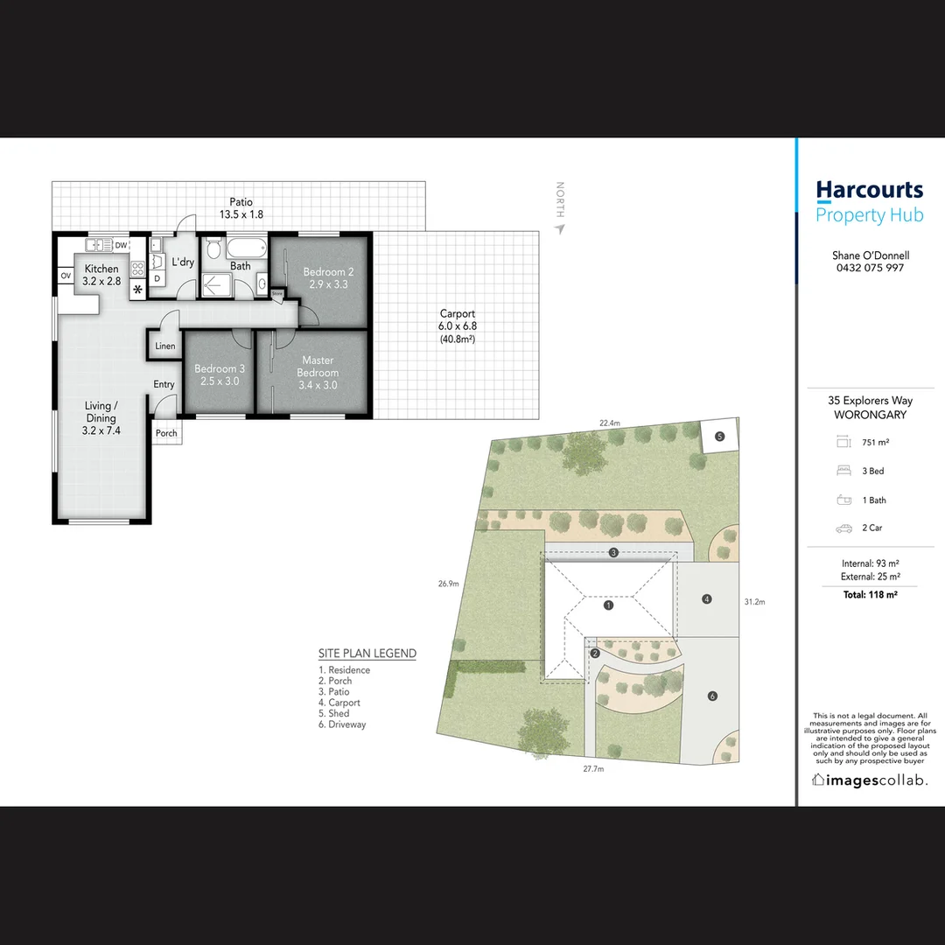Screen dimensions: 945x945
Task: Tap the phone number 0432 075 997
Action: point(870,268)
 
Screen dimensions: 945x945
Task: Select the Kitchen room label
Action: point(101,269)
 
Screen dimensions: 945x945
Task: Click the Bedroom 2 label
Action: point(329,272)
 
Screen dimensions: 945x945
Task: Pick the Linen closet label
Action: point(165,346)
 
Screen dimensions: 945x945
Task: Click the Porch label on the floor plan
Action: point(166,433)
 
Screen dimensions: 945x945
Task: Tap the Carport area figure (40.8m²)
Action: point(458,339)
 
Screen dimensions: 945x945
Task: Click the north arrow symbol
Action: point(560,229)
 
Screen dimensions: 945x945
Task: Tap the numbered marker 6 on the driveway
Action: point(712,696)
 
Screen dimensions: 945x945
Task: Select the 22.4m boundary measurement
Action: point(609,423)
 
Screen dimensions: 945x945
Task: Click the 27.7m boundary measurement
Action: point(593,769)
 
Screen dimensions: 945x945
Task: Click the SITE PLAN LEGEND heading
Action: point(367,654)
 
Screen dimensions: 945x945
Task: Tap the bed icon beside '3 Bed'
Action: point(844,471)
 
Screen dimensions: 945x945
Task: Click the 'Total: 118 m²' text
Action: point(870,594)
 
